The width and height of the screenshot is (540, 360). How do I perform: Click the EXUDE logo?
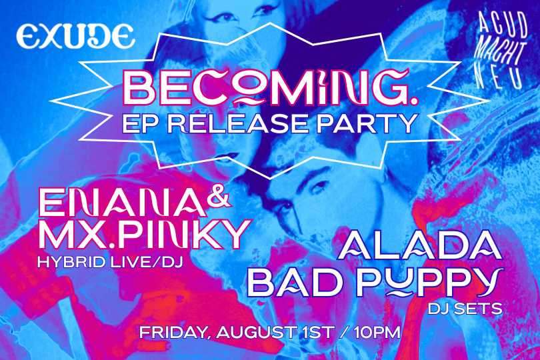(x=75, y=36)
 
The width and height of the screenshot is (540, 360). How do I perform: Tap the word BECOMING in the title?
(x=265, y=88)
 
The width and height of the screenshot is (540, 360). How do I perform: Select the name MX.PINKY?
(x=145, y=234)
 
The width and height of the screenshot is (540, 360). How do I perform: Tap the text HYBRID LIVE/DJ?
(x=109, y=262)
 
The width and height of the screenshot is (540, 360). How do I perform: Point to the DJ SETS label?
(x=465, y=309)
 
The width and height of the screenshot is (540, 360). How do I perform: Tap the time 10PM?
(x=377, y=333)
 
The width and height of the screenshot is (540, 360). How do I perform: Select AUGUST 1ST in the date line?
(x=275, y=333)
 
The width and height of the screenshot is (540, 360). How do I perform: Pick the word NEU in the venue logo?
(x=499, y=76)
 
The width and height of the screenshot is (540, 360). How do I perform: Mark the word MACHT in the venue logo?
(x=500, y=53)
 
